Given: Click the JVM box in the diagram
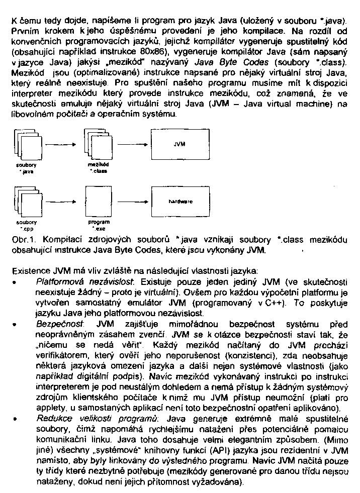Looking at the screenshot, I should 179,144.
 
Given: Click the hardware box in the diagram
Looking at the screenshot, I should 179,201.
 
